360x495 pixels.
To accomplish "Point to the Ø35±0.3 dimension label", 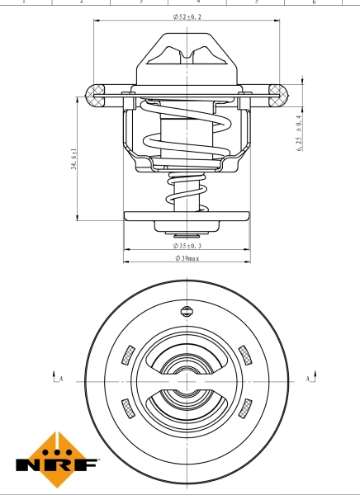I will click(187, 246).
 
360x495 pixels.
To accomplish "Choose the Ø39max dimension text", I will click(187, 258).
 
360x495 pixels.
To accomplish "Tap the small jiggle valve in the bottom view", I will click(186, 312).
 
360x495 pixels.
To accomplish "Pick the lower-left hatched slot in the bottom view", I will click(126, 406).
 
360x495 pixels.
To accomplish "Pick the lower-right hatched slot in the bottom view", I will click(245, 406).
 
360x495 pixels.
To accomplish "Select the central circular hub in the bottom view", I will click(186, 381).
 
